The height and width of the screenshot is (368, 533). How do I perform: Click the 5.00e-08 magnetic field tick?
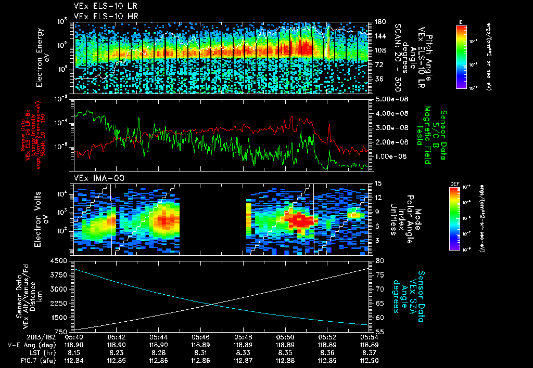390,99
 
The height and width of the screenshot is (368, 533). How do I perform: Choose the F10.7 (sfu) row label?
31,360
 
